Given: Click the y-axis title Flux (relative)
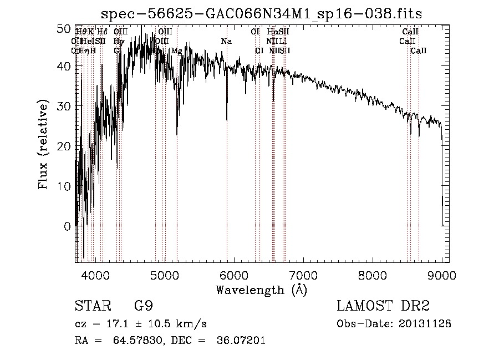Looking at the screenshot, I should [43, 145].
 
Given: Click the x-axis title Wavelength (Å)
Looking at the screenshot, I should [261, 290].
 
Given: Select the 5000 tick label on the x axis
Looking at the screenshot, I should [165, 275].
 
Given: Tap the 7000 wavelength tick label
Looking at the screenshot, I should [303, 275].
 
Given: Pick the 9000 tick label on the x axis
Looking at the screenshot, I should [442, 275].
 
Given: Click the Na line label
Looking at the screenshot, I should [226, 42].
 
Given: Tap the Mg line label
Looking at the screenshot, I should [176, 51].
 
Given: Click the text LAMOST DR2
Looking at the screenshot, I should [383, 306].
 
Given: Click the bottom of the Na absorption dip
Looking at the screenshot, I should [227, 120].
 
